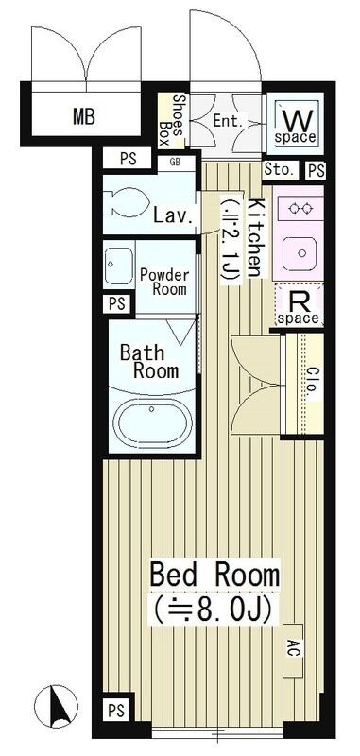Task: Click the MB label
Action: pos(85,118)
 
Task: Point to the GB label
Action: pos(175,162)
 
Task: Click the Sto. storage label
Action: pos(281,171)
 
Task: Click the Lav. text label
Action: pos(173,215)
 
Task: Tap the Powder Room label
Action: pos(164,283)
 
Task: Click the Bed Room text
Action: pos(214,573)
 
